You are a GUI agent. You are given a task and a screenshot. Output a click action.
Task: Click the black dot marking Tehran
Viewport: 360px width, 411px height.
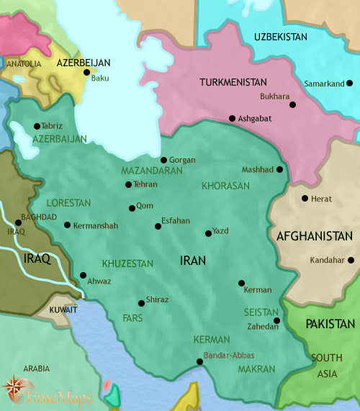click(x=128, y=185)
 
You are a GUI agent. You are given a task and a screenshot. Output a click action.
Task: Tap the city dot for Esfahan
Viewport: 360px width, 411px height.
click(x=158, y=227)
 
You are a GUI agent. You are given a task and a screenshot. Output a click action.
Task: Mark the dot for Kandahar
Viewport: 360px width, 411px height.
click(x=351, y=260)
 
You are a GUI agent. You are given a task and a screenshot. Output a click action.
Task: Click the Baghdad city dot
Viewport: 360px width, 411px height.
click(x=17, y=222)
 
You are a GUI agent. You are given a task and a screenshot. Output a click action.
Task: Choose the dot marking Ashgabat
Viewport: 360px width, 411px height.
click(x=232, y=119)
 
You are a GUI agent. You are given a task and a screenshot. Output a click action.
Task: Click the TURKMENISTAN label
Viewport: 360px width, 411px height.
click(x=233, y=83)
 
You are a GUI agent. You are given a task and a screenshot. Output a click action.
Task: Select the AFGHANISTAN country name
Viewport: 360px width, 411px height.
click(x=314, y=236)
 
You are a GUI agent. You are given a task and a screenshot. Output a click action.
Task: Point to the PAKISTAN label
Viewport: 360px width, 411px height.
click(x=330, y=325)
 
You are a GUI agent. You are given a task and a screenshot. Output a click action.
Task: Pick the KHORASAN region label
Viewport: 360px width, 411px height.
click(x=225, y=185)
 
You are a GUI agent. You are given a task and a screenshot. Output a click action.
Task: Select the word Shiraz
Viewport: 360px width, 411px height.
click(x=157, y=299)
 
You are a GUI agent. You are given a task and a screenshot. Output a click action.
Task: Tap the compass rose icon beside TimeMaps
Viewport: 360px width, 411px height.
click(x=14, y=389)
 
